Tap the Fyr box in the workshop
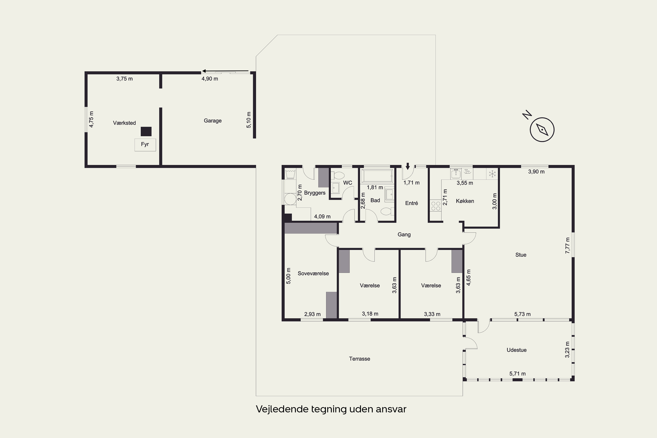(x=145, y=145)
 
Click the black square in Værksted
(x=146, y=131)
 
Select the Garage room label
(x=213, y=121)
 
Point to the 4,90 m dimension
(x=210, y=79)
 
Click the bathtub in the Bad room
(x=377, y=176)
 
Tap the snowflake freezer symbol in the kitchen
(x=492, y=174)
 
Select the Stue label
(x=521, y=255)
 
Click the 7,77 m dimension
(x=567, y=245)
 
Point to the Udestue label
(x=516, y=350)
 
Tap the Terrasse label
(x=360, y=359)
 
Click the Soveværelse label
(x=313, y=274)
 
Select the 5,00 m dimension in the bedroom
(x=289, y=276)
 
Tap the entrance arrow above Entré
(x=408, y=166)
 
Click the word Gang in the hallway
(x=404, y=235)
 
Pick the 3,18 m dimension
(x=370, y=314)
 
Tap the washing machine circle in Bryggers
(x=290, y=199)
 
